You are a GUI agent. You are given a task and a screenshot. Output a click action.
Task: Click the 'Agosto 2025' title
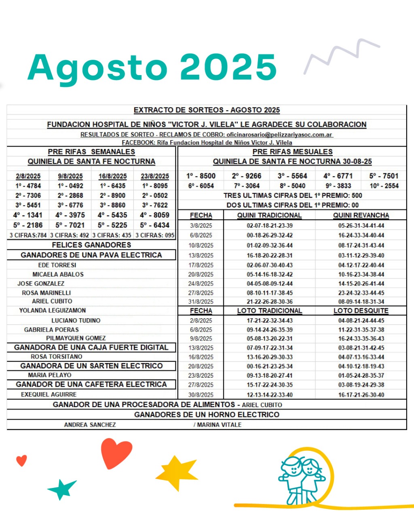[152, 67]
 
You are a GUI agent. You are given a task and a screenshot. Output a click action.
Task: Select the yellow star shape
[176, 473]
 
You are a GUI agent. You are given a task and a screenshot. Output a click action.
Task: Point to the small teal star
[62, 489]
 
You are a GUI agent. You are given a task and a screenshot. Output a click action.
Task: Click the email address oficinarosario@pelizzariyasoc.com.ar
[279, 135]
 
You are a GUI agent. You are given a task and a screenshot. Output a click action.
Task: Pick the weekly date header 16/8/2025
[112, 176]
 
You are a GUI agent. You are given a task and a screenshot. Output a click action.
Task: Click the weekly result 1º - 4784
[28, 186]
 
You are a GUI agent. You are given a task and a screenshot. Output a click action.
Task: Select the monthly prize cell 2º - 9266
[247, 176]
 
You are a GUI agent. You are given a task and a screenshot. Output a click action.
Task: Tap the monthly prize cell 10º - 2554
[384, 186]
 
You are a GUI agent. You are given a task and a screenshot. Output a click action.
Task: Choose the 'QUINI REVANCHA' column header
[361, 215]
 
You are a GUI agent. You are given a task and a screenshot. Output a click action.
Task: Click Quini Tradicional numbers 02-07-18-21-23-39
[270, 225]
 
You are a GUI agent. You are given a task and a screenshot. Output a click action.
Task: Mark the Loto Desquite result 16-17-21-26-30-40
[361, 395]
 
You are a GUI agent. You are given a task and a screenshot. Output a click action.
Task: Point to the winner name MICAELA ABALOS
[58, 274]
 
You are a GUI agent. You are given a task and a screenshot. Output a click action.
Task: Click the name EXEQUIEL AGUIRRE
[49, 394]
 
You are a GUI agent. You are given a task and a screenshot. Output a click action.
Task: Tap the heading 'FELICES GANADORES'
[91, 245]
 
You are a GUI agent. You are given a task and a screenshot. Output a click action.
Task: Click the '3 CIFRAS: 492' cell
[70, 235]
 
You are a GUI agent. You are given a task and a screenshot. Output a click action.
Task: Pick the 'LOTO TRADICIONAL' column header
[269, 311]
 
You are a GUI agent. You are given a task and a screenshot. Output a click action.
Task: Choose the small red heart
[21, 460]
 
